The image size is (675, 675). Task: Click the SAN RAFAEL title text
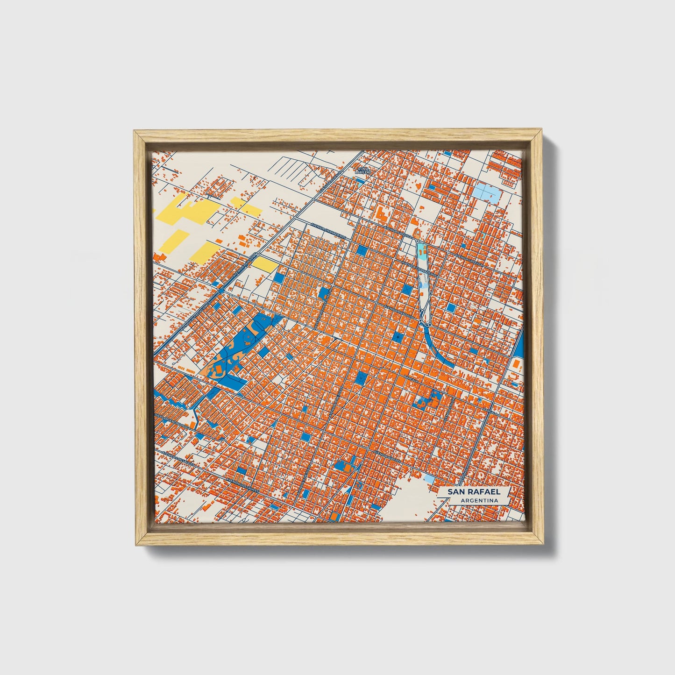474,491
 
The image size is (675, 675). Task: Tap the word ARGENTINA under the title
478,501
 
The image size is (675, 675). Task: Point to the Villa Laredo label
362,171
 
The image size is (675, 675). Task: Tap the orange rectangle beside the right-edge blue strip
516,364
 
